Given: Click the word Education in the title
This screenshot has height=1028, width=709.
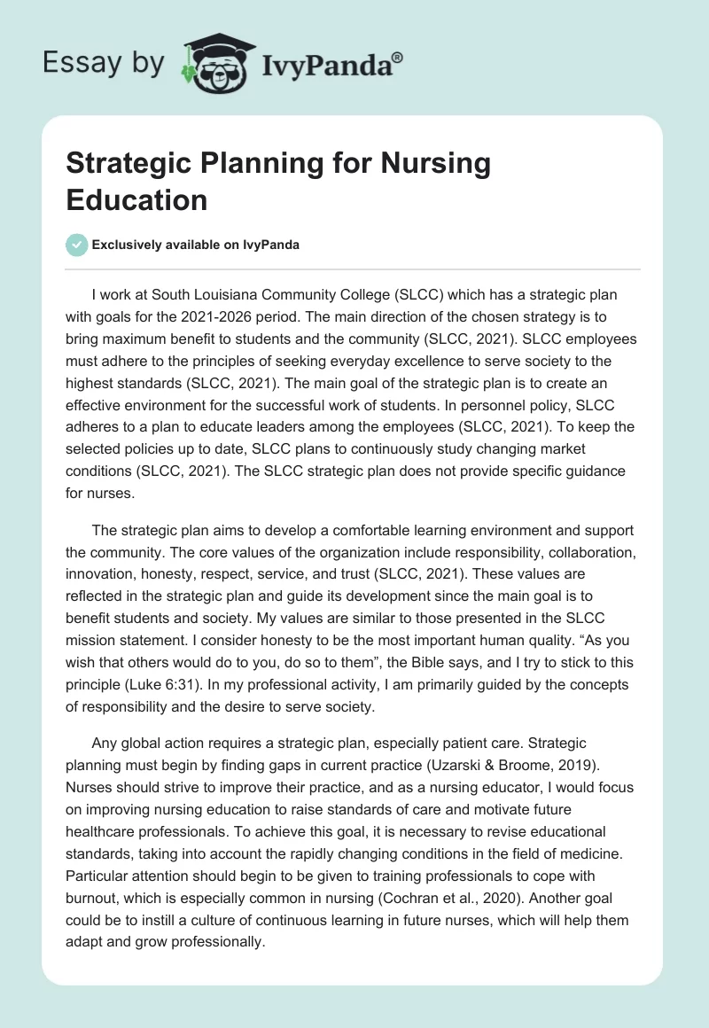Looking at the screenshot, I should (136, 199).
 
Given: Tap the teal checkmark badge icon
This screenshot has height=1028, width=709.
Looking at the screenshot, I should (77, 245).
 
